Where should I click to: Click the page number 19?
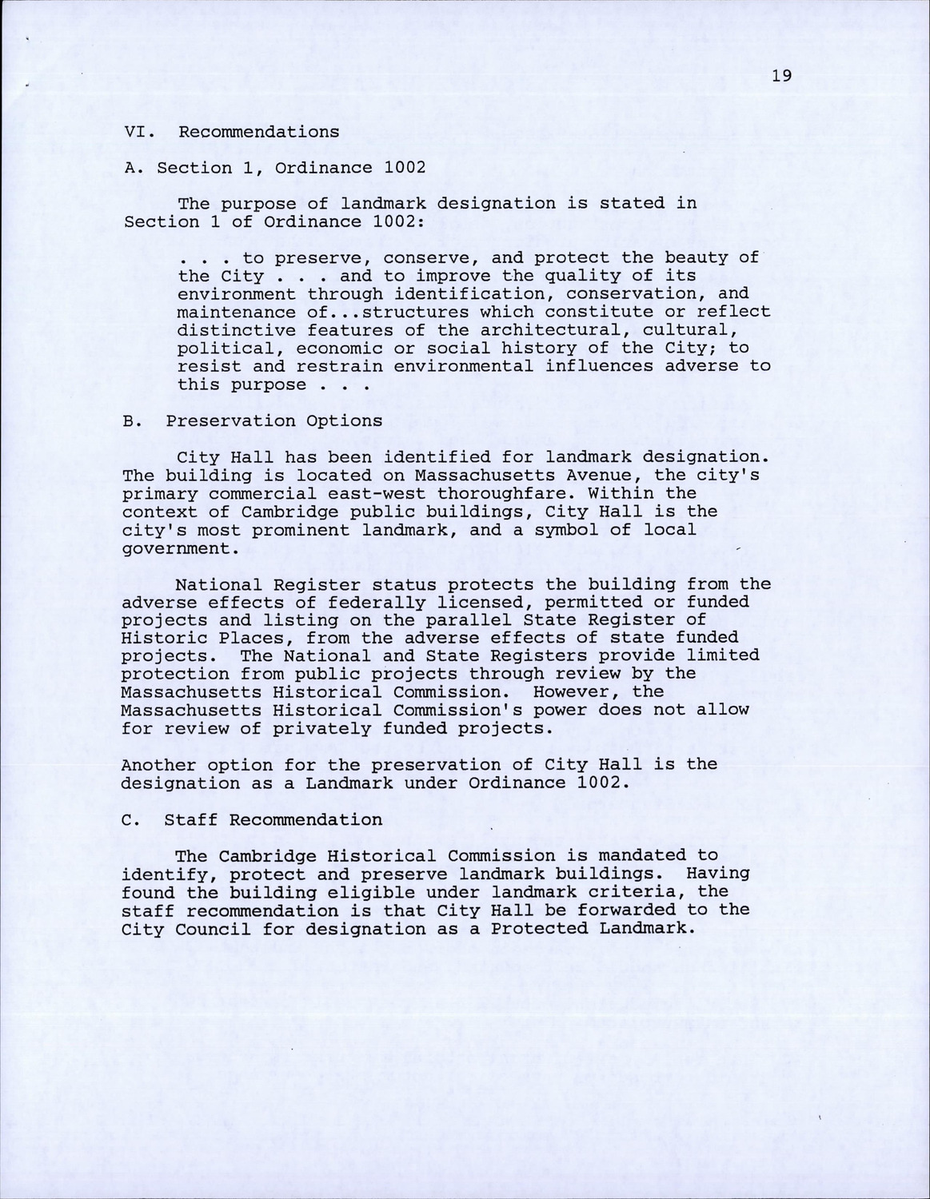tap(782, 76)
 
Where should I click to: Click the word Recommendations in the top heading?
tap(258, 132)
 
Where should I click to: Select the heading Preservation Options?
tap(274, 421)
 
